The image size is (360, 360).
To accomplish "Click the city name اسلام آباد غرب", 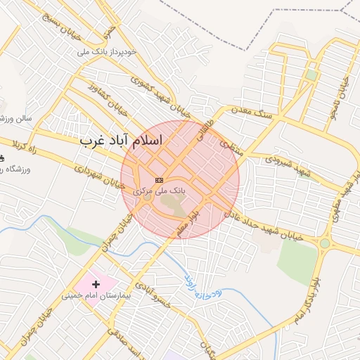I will click(121, 141).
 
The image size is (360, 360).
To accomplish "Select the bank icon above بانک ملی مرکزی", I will click(159, 180).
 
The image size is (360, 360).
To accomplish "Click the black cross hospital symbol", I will click(96, 284).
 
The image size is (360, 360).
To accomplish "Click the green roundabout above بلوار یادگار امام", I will click(325, 244).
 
